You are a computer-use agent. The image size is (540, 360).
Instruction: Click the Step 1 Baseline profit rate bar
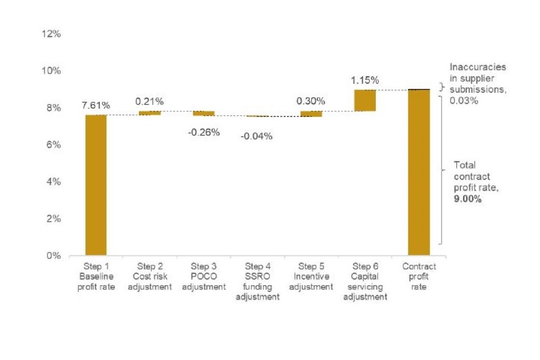point(96,185)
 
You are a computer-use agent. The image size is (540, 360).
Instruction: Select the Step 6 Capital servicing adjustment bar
point(364,100)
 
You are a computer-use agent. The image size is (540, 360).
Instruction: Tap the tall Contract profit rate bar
point(418,172)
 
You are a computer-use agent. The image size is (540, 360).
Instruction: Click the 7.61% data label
point(96,105)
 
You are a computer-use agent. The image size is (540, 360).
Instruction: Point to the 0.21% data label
point(150,101)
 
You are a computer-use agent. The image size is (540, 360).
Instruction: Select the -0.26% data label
point(204,133)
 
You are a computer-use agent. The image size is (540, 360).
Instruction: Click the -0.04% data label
point(257,136)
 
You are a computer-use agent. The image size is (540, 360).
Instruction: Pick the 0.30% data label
point(311,101)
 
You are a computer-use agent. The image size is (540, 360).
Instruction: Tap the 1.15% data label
point(364,80)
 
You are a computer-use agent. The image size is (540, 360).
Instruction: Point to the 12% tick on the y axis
point(51,34)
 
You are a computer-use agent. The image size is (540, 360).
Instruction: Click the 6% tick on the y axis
point(53,145)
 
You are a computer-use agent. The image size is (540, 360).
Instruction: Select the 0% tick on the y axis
point(53,255)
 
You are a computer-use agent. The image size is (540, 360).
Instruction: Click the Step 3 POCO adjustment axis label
point(203,276)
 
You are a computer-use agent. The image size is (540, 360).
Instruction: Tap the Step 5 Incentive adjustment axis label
point(311,276)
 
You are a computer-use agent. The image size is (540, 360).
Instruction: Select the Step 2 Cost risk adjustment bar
point(150,113)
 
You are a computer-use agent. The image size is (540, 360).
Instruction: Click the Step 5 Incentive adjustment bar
point(311,114)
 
